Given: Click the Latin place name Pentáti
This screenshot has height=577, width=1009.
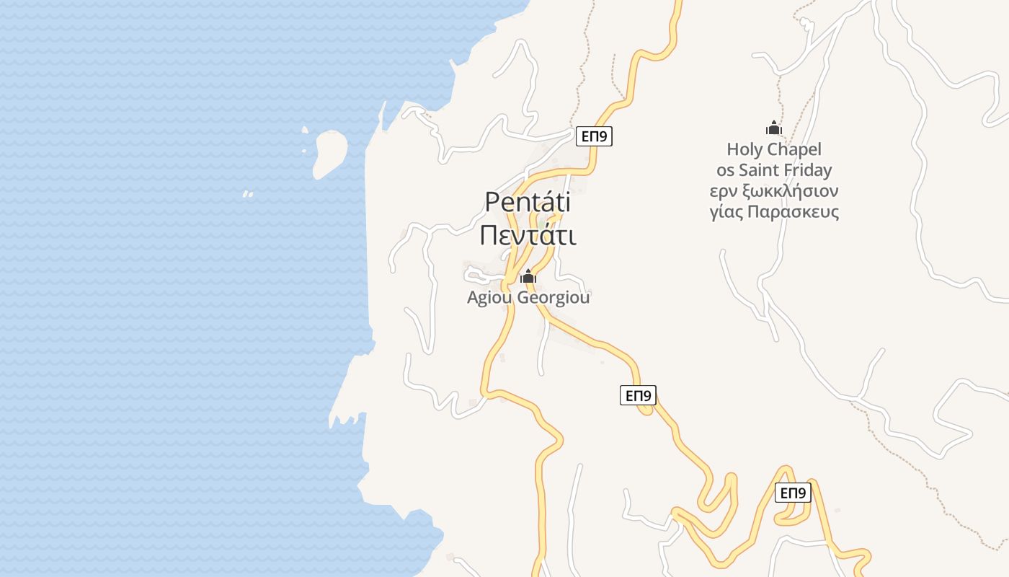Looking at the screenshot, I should pos(528,202).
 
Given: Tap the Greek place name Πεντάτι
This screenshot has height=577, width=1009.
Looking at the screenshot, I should pos(528,236).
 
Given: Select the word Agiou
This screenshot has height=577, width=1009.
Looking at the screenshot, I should pos(489,297).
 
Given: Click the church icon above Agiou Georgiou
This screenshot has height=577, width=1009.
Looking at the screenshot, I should pos(528,276).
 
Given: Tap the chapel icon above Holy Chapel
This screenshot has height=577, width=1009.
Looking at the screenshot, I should pos(774,128).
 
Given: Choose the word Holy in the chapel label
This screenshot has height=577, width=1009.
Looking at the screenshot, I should pos(743,150).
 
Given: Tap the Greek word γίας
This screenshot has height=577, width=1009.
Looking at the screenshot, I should pos(726,213).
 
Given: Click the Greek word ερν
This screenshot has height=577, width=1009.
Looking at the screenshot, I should pos(723,192).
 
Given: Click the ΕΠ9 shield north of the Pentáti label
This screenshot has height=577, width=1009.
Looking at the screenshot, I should pos(595,136).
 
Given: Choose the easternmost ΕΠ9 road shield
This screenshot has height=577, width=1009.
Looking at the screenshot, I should pos(794,493).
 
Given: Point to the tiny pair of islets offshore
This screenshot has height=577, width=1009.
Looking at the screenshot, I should pos(248,194).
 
